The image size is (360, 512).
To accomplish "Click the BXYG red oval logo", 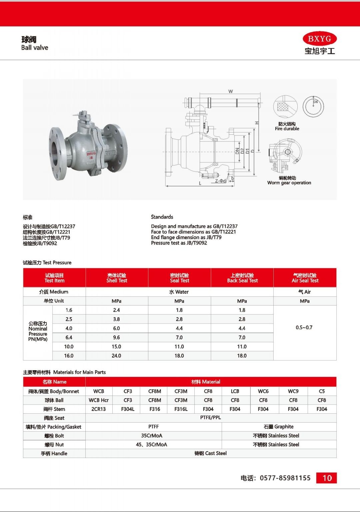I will [x=319, y=39].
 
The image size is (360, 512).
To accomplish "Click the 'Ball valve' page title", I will [x=35, y=48].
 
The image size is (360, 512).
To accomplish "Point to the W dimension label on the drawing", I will [x=230, y=91].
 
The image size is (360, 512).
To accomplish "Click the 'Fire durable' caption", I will [x=287, y=129].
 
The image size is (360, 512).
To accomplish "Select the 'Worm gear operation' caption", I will [x=289, y=183].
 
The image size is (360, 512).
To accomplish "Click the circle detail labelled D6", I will [x=313, y=106].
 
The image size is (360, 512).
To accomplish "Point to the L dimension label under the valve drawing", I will [x=200, y=183].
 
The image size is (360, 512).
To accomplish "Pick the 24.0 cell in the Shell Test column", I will [x=116, y=356].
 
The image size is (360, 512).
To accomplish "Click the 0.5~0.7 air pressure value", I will [x=304, y=328].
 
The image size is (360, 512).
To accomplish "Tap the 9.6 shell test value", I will [x=116, y=338].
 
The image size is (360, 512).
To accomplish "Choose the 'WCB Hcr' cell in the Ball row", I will [x=99, y=400].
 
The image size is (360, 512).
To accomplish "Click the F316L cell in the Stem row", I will [x=181, y=409].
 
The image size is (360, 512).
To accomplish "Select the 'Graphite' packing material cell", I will [x=279, y=427].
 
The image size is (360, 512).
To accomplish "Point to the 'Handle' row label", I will [x=54, y=454].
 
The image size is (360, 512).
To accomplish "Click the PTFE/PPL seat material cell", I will [x=210, y=418].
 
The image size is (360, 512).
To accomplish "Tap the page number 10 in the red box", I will [x=327, y=478].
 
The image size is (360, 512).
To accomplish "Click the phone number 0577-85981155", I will [x=285, y=478].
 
